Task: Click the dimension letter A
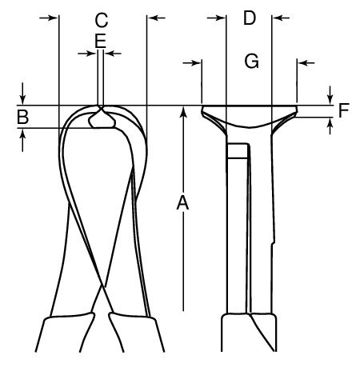tap(182, 203)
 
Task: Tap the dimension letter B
tap(23, 117)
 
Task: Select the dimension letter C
tap(102, 20)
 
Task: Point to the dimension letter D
tap(250, 18)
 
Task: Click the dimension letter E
tap(101, 41)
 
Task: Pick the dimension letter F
tap(344, 110)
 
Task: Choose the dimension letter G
tap(251, 61)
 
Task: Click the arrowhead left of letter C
tap(54, 18)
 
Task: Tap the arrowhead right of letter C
tap(152, 18)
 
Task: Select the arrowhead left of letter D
tap(222, 18)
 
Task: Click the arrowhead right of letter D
tap(277, 18)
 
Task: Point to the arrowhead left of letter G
tap(197, 63)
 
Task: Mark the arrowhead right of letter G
tap(302, 63)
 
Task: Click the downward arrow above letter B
tap(22, 94)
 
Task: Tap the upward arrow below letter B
tap(22, 140)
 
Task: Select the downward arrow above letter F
tap(330, 95)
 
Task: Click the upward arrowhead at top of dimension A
tap(183, 111)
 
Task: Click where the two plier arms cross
tap(102, 286)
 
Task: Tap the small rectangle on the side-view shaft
tap(238, 151)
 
